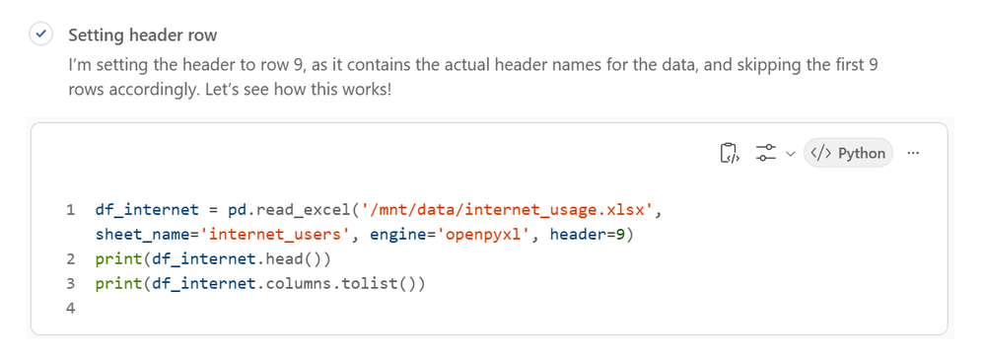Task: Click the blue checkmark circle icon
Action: [x=40, y=34]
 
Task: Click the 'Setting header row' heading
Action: [x=143, y=35]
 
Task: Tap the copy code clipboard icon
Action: [x=729, y=153]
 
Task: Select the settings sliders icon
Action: [x=766, y=153]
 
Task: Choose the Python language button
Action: [x=848, y=153]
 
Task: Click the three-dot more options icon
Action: [x=913, y=153]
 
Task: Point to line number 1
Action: [x=70, y=210]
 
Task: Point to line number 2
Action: [x=70, y=258]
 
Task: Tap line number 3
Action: [x=70, y=283]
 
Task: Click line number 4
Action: [x=70, y=308]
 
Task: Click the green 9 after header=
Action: [x=620, y=235]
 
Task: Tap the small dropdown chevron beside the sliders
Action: [x=791, y=153]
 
